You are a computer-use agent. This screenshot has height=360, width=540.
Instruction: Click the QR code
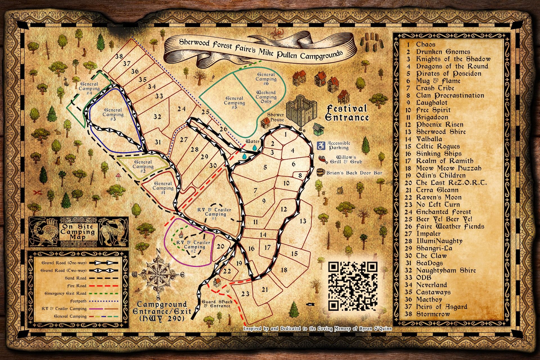[353, 286]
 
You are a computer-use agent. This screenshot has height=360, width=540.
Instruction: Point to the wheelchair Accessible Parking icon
[321, 145]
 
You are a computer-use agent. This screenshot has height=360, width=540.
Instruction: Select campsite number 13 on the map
[303, 220]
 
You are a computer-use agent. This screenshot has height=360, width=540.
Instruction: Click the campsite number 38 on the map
[119, 57]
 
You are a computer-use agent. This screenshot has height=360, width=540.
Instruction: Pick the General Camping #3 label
[113, 114]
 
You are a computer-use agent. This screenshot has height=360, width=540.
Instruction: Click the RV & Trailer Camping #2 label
[193, 245]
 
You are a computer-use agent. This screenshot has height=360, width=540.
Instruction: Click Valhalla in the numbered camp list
[429, 139]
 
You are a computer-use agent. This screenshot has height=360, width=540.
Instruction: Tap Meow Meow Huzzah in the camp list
[449, 168]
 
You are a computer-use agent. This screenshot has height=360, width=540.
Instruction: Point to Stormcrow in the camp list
[433, 314]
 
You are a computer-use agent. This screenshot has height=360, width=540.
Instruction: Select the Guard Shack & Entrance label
[217, 303]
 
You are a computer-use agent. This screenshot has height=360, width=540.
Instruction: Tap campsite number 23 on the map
[245, 294]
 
